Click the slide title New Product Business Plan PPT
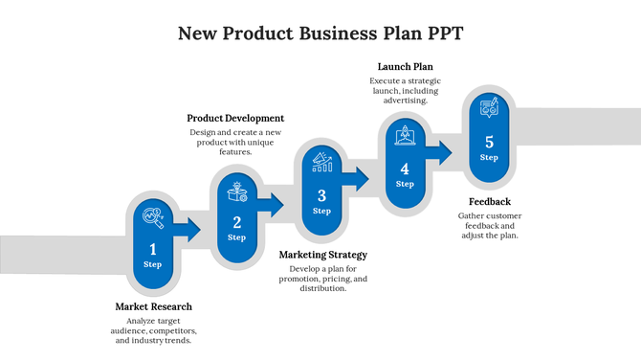(x=320, y=34)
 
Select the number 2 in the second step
(x=237, y=222)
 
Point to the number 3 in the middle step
(x=321, y=195)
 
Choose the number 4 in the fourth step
(x=405, y=169)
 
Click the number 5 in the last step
(x=489, y=142)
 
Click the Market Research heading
(x=154, y=306)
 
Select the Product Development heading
(x=235, y=118)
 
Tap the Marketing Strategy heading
(x=322, y=255)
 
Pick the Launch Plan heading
(x=406, y=66)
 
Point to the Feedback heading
(x=489, y=201)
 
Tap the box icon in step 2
(x=237, y=191)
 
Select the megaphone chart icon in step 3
(x=321, y=163)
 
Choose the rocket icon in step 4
(x=405, y=137)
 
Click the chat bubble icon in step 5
(x=489, y=109)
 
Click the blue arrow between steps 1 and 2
(x=189, y=229)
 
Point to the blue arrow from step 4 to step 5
(x=441, y=149)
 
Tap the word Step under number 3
(x=321, y=211)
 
